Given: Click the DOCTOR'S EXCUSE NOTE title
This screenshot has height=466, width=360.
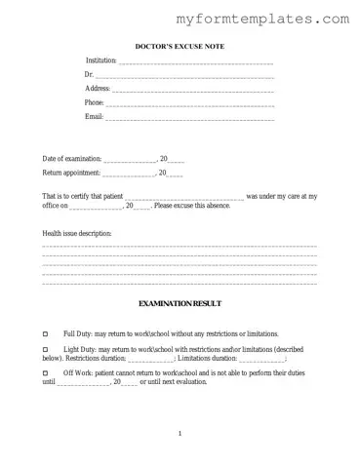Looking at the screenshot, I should click(180, 46).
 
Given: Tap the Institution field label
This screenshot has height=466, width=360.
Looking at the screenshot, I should click(100, 61).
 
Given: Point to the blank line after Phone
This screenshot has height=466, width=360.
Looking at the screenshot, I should click(190, 103).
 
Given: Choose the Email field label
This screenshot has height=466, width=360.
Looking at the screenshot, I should click(95, 117).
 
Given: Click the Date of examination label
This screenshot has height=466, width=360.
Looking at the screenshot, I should click(71, 159).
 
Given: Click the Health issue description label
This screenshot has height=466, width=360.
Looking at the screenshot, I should click(77, 234).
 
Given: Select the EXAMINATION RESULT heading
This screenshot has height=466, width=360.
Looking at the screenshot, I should click(180, 305).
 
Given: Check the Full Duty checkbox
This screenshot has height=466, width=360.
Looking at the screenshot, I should click(46, 333).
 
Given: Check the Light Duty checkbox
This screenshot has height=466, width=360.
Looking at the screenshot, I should click(46, 349).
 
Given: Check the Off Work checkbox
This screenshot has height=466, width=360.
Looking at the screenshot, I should click(46, 373).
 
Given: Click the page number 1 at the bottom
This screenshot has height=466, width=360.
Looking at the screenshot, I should click(180, 433).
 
